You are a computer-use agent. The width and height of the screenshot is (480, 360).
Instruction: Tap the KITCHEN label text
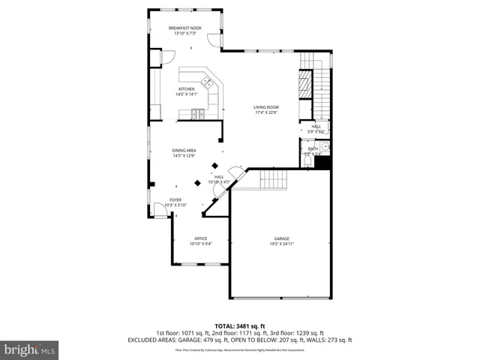point(186,89)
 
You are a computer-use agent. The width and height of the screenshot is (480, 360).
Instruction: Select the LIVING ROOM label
point(265,107)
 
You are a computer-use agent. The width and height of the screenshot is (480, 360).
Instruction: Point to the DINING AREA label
point(184,151)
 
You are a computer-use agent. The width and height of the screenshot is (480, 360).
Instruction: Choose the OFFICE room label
point(201,238)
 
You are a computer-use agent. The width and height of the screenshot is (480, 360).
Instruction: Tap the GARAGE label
point(281,238)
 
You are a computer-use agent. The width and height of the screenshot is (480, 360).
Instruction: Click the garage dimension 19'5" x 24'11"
point(281,244)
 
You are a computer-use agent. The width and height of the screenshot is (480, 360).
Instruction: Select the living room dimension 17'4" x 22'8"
point(265,112)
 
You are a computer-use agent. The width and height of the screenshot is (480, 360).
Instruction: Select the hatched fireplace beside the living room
point(305,83)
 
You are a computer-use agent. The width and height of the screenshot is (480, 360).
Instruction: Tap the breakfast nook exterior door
point(214,41)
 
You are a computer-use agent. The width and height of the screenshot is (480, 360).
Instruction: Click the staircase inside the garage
point(274,179)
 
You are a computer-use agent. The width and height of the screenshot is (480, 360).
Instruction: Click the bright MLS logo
point(29,349)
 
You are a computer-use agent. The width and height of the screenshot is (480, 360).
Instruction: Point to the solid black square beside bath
point(323,162)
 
